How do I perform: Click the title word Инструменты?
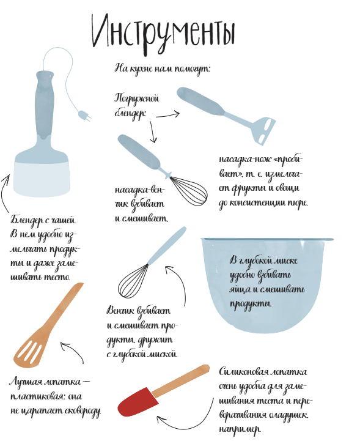tap(163, 31)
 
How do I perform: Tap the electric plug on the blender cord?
tap(83, 114)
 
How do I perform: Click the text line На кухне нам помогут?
tap(162, 68)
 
